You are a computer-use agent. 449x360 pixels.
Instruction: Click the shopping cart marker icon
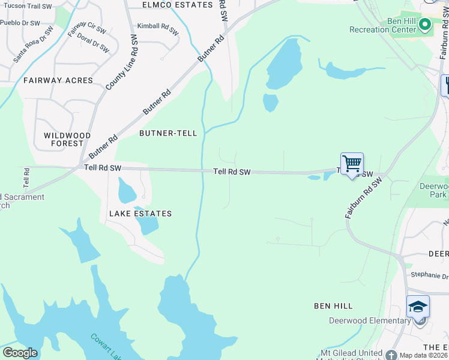pos(352,164)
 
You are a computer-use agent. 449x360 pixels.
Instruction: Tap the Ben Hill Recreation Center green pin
pos(426,25)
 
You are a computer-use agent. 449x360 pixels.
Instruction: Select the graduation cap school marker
pos(418,307)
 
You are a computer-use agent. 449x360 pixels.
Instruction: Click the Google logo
pos(20,353)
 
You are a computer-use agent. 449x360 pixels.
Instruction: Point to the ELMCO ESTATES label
pos(177,5)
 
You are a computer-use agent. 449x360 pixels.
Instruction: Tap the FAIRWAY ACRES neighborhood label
pos(58,80)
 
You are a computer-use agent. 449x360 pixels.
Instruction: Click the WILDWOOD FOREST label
pos(67,139)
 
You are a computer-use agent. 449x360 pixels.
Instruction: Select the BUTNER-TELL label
pos(168,133)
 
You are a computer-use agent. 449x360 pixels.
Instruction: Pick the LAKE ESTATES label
pos(140,214)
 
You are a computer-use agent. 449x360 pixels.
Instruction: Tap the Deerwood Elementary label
pos(369,320)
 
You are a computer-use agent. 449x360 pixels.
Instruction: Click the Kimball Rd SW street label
pos(158,28)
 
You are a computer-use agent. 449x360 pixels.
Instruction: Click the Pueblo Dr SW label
pos(20,23)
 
